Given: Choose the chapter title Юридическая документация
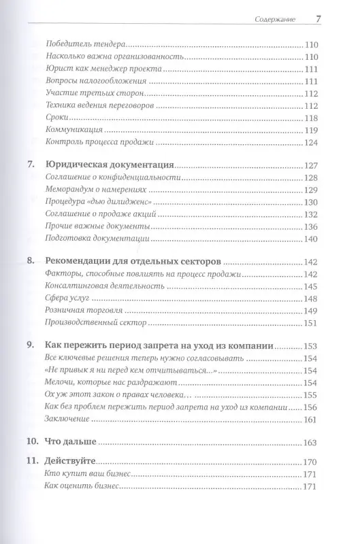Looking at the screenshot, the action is point(110,165).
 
